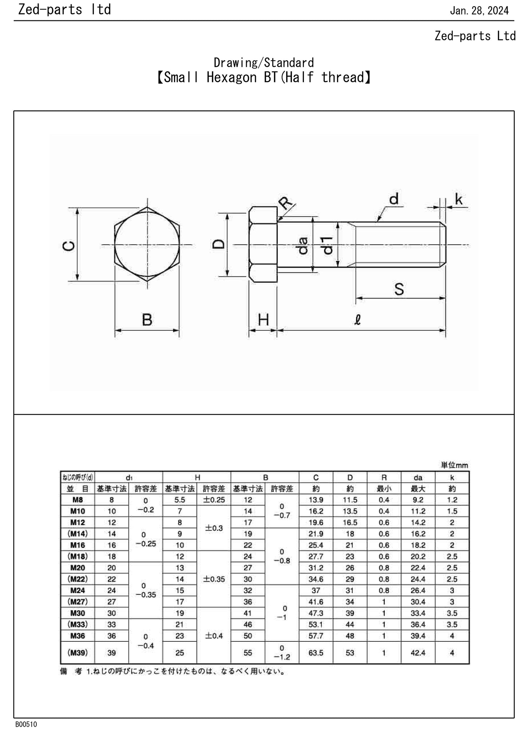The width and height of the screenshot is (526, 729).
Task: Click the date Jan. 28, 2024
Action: tap(479, 11)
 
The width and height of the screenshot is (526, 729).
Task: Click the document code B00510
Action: tap(26, 724)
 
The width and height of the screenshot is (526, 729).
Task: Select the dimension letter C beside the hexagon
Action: tap(69, 246)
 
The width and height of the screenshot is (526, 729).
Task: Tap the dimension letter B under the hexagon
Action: tap(147, 320)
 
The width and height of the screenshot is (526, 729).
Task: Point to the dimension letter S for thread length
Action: tap(399, 289)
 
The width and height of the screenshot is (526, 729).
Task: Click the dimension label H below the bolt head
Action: tap(263, 320)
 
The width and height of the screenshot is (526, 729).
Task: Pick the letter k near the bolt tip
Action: tap(459, 199)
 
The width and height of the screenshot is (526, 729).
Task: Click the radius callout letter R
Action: tap(286, 203)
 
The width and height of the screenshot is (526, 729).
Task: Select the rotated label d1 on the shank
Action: tap(328, 245)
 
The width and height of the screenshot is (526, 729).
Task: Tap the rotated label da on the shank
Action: tap(303, 245)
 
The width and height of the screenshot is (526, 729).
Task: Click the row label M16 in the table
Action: tap(78, 545)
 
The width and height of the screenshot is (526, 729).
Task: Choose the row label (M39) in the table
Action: tap(78, 653)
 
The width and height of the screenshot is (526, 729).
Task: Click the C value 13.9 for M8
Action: tap(316, 500)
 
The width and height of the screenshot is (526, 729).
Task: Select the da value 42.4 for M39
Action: tap(418, 653)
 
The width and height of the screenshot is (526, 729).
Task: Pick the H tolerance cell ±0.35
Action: tap(214, 579)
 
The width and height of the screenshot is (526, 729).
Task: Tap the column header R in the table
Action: tap(384, 477)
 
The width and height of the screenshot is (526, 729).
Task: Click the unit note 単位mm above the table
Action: tap(454, 465)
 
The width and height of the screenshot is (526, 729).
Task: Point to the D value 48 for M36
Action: tap(350, 636)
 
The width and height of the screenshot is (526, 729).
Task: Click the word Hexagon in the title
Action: tap(232, 77)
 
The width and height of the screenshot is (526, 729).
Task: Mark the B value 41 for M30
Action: tap(248, 613)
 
